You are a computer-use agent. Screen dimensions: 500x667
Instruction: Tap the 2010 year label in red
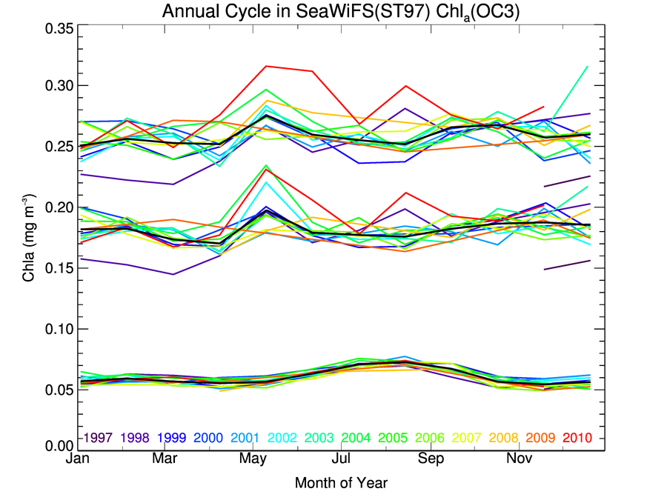(x=578, y=438)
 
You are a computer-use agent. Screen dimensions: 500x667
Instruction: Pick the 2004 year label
(x=356, y=438)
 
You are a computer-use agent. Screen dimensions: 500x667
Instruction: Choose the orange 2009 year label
(x=541, y=438)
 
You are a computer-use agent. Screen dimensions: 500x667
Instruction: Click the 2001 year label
(x=245, y=438)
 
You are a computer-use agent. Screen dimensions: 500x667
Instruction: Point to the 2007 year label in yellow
(x=467, y=438)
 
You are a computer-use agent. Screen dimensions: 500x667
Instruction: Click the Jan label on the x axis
(x=79, y=460)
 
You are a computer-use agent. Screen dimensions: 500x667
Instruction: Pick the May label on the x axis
(x=253, y=460)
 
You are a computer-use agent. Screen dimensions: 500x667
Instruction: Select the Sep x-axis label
(x=431, y=460)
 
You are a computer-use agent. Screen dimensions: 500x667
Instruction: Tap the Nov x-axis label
(x=519, y=460)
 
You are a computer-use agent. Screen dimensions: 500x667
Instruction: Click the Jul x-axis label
(x=342, y=460)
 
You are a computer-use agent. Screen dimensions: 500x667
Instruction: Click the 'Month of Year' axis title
(x=341, y=483)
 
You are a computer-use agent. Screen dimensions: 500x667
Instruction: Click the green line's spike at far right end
(x=588, y=67)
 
